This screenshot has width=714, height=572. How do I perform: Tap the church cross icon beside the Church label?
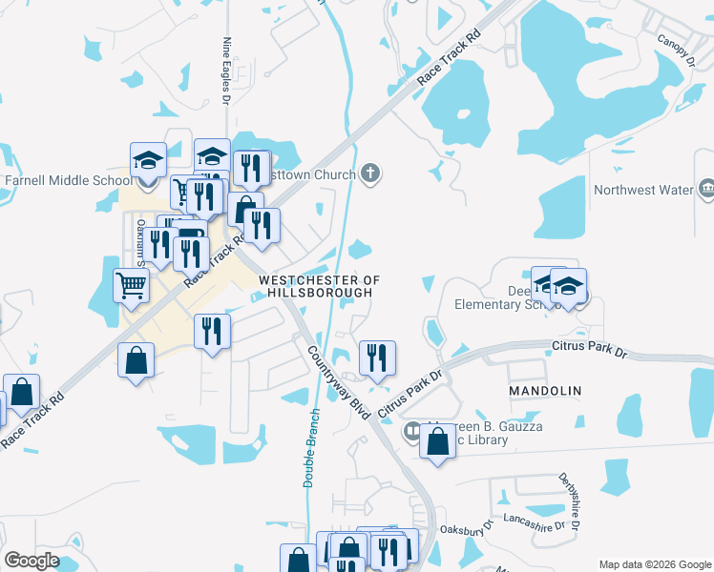pyautogui.click(x=371, y=174)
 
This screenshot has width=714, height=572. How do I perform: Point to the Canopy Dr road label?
pyautogui.click(x=677, y=51)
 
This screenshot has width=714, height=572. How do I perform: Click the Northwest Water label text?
pyautogui.click(x=643, y=190)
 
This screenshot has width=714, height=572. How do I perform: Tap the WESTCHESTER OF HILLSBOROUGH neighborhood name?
pyautogui.click(x=320, y=286)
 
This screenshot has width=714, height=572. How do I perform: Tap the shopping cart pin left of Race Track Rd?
pyautogui.click(x=131, y=283)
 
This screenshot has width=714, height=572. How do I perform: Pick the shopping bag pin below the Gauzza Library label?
pyautogui.click(x=437, y=441)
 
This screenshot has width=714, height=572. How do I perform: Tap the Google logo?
pyautogui.click(x=31, y=561)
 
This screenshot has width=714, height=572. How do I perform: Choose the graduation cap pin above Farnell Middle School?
pyautogui.click(x=148, y=159)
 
